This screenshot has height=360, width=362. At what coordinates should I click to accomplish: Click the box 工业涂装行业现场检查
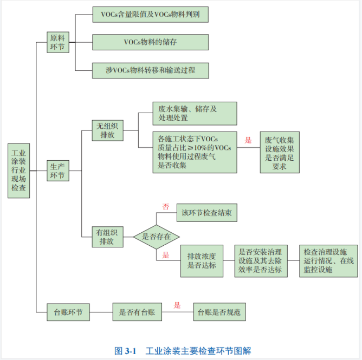pos(19,171)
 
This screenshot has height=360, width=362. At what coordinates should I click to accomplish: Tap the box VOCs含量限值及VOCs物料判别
pos(150,15)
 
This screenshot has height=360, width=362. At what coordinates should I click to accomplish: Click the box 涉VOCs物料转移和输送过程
pos(150,70)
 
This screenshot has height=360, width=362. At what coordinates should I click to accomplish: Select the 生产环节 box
pos(57,171)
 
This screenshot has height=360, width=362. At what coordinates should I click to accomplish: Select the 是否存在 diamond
pos(156,237)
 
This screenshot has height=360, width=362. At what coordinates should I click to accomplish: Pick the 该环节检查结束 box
pos(206,213)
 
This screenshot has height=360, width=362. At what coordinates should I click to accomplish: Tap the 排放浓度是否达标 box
pos(202,260)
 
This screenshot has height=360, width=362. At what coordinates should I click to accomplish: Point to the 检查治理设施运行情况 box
pos(328,260)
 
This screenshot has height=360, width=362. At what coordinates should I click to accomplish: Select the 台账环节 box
pos(69,312)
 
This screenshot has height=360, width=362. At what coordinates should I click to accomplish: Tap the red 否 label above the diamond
pos(166,206)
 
